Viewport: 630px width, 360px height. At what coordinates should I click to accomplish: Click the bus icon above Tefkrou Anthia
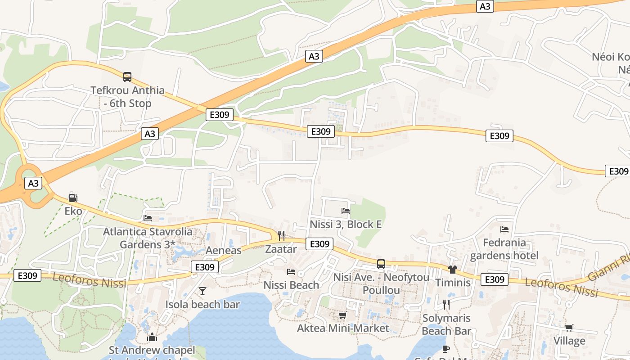pos(127,77)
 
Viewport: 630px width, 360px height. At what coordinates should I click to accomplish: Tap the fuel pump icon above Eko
pos(73,198)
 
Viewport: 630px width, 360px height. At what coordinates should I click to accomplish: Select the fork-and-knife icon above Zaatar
pos(281,235)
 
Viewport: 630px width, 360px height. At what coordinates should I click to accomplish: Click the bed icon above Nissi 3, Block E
pos(346,211)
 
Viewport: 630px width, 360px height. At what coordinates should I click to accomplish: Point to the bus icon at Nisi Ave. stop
pos(381,264)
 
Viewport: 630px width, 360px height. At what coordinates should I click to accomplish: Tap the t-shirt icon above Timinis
pos(453,269)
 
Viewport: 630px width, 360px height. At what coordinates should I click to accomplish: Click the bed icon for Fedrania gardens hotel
pos(504,229)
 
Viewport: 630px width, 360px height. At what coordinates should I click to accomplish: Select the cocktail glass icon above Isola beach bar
pos(202,291)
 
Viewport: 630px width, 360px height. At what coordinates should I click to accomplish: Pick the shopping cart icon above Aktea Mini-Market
pos(343,315)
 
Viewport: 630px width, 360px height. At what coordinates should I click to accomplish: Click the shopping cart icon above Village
pos(569,328)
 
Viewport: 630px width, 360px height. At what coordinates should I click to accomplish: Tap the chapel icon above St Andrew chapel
pos(152,337)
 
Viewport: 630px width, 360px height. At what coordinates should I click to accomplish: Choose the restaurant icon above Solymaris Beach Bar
pos(446,305)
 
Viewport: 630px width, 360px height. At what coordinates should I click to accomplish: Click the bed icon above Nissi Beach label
pos(291,272)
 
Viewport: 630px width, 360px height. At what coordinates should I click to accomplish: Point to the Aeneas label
pos(224,250)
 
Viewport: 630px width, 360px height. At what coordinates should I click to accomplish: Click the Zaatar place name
pos(281,249)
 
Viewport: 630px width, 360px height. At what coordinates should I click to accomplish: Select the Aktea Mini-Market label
pos(343,328)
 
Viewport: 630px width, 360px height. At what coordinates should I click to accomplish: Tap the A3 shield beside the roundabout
pos(33,183)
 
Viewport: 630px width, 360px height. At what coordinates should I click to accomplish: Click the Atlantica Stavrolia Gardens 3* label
pos(148,238)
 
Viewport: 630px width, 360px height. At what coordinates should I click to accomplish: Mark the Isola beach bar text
pos(202,304)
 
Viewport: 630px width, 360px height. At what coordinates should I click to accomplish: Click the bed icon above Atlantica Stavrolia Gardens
pos(148,219)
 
